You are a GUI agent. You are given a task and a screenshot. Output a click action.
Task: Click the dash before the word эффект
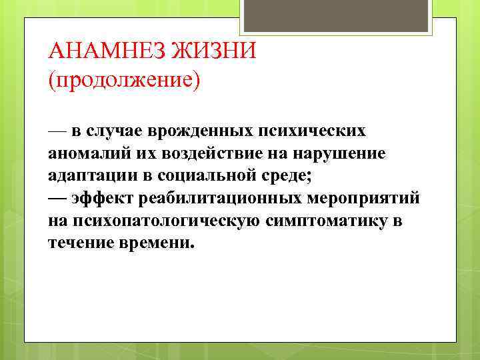click(x=57, y=198)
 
